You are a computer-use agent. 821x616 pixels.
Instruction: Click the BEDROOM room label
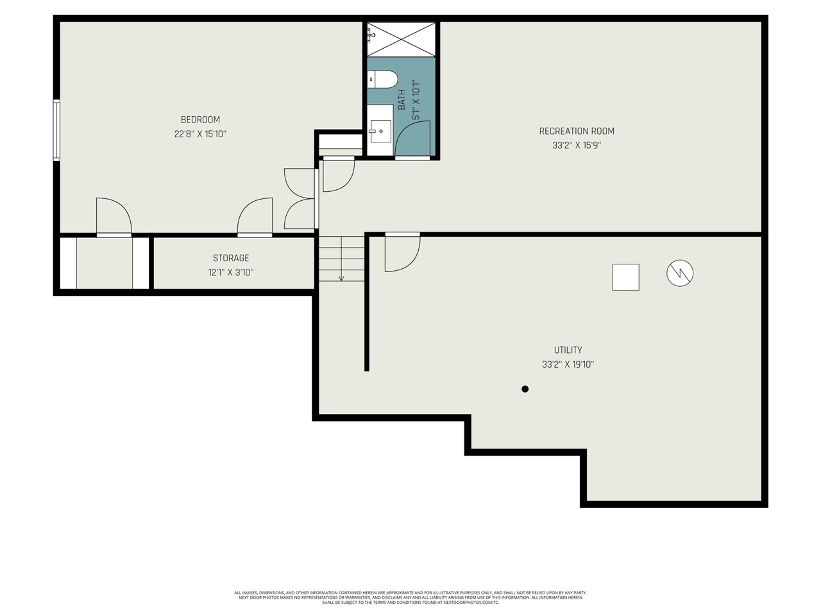point(200,119)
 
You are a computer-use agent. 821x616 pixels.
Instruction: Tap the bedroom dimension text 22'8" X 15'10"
point(200,134)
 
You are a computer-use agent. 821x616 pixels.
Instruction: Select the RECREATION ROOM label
point(577,131)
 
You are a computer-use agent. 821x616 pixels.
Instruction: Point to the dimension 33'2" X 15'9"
point(577,146)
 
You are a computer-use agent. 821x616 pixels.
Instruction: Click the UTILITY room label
point(568,350)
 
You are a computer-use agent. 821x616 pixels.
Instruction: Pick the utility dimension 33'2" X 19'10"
point(568,364)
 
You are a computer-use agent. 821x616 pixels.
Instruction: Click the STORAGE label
point(231,258)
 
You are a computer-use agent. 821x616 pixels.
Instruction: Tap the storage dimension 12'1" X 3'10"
point(231,272)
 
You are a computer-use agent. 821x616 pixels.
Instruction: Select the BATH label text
point(402,100)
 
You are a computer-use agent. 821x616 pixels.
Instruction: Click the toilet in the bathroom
point(383,79)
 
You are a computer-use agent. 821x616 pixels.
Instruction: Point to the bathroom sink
point(380,131)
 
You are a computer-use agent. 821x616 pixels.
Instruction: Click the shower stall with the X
point(402,38)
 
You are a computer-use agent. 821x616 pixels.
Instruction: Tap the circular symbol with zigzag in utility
point(680,273)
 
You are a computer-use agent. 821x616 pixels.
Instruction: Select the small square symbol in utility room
point(625,277)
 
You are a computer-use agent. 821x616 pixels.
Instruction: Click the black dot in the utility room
point(525,389)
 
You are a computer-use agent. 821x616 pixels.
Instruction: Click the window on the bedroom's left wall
point(56,130)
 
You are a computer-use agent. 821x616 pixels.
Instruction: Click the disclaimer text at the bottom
point(410,597)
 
